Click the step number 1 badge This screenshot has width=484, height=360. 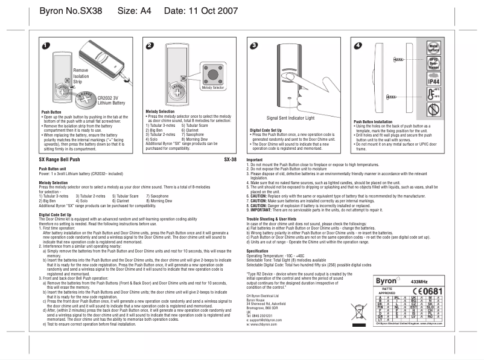click(46, 46)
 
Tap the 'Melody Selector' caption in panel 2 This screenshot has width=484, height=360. click(213, 88)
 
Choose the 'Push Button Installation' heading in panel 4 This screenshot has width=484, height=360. click(377, 121)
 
